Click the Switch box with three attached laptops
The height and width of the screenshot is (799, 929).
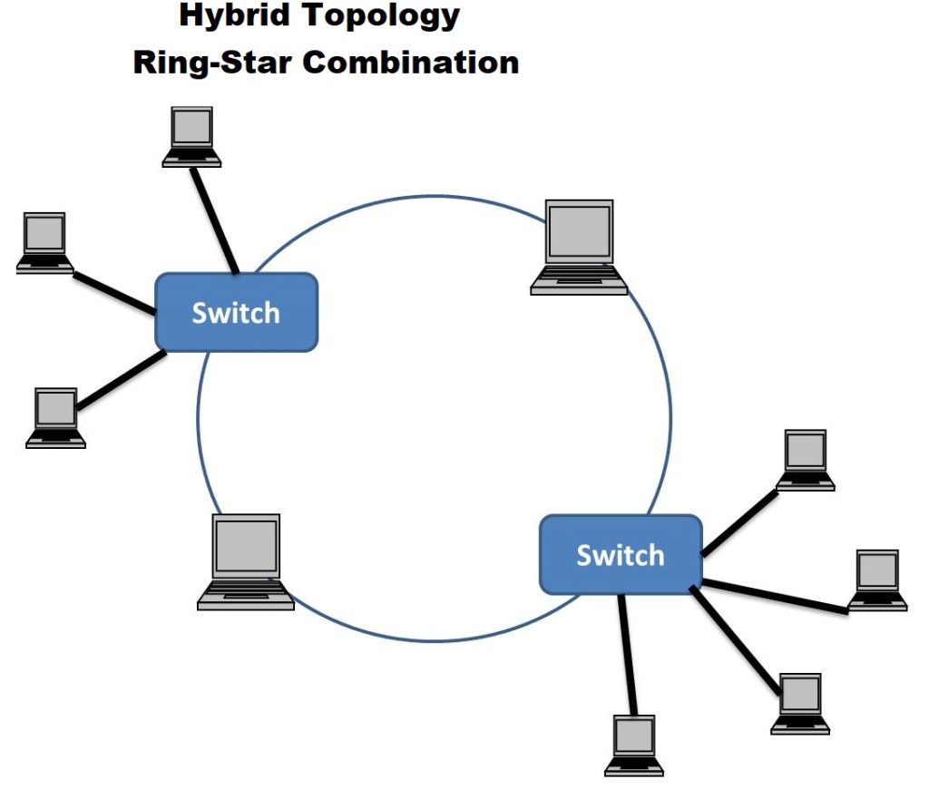237,312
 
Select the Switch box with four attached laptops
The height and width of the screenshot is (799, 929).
621,554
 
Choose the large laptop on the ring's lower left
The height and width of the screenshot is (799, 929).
246,561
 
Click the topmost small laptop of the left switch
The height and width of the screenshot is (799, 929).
191,136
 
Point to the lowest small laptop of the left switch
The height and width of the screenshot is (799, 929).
55,417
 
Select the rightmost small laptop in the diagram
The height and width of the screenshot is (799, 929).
877,580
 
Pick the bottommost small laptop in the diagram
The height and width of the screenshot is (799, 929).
634,745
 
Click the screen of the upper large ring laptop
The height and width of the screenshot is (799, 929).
580,232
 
